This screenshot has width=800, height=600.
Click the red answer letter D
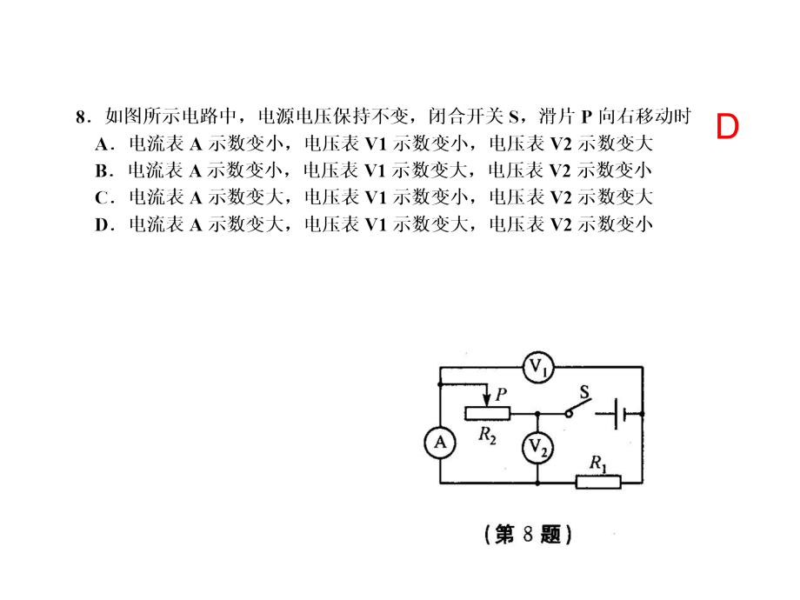click(x=727, y=126)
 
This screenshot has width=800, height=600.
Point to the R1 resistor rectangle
click(x=598, y=482)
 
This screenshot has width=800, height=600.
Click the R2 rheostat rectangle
click(x=487, y=413)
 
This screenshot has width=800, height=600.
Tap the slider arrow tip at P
click(x=487, y=406)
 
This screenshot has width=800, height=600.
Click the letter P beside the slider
click(x=501, y=394)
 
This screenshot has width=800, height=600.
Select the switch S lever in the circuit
click(x=578, y=407)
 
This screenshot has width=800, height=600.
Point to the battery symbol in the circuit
click(x=619, y=414)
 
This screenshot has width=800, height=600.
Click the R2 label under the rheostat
click(x=487, y=435)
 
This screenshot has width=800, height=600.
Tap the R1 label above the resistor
click(x=598, y=463)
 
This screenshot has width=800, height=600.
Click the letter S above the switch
click(x=584, y=392)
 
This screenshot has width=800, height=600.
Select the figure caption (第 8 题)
click(x=528, y=534)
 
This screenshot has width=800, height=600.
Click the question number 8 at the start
click(x=80, y=117)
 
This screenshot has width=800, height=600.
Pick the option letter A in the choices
click(x=102, y=144)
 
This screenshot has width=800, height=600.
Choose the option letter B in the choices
click(x=101, y=171)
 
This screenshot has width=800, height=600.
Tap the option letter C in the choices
click(x=101, y=198)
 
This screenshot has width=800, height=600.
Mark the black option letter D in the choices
click(x=101, y=224)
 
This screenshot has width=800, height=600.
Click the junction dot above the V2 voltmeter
click(x=537, y=414)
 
